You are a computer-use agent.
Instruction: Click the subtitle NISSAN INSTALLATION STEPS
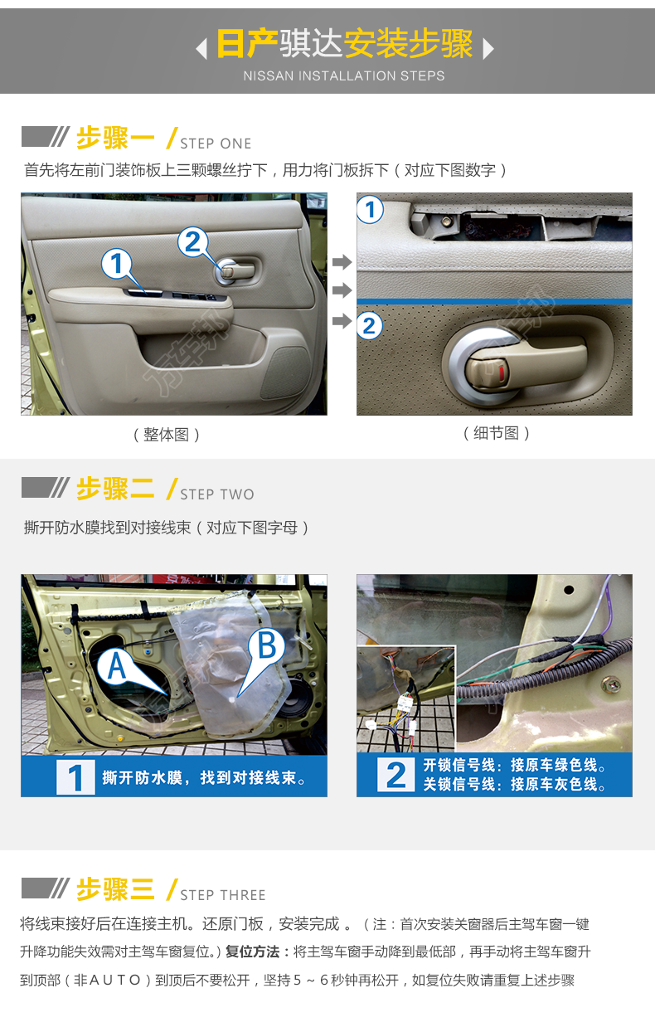[344, 75]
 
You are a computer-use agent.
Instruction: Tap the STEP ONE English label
[216, 144]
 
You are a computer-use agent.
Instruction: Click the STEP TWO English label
[216, 494]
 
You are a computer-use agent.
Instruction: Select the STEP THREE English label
[223, 895]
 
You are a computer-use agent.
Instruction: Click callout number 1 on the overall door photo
[116, 264]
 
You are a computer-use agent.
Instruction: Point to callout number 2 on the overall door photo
[193, 241]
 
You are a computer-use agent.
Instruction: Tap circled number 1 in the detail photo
[371, 210]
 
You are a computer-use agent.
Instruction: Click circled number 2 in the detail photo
[370, 326]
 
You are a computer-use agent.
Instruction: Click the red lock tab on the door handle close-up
[502, 372]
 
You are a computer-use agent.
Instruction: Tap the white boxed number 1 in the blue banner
[75, 777]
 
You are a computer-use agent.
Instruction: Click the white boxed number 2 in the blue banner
[396, 775]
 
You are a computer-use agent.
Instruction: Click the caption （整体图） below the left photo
[167, 435]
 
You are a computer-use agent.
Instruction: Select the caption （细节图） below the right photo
[497, 433]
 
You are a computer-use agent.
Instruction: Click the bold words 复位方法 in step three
[253, 952]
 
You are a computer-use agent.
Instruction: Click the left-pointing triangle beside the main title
[201, 48]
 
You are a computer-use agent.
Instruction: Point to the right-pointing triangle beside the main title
[488, 48]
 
